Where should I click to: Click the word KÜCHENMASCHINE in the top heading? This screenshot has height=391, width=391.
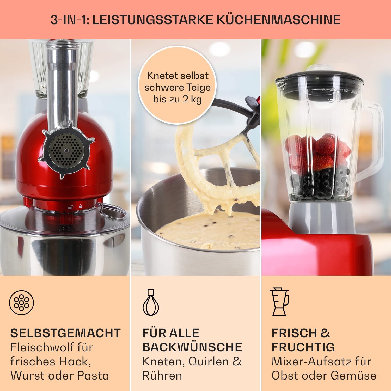(279, 20)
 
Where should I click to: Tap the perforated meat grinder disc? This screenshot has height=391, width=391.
(67, 151)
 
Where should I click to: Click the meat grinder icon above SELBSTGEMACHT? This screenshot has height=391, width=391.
(22, 302)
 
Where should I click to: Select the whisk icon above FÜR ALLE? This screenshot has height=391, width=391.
(151, 302)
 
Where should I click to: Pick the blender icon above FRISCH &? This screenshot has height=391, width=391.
(280, 302)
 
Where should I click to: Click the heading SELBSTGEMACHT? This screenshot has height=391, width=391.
(65, 333)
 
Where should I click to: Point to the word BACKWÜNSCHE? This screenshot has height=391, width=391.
(192, 347)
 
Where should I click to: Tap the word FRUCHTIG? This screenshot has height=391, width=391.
(303, 347)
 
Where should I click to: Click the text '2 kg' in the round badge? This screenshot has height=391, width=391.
(192, 99)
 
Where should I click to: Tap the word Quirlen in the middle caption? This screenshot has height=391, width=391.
(209, 362)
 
